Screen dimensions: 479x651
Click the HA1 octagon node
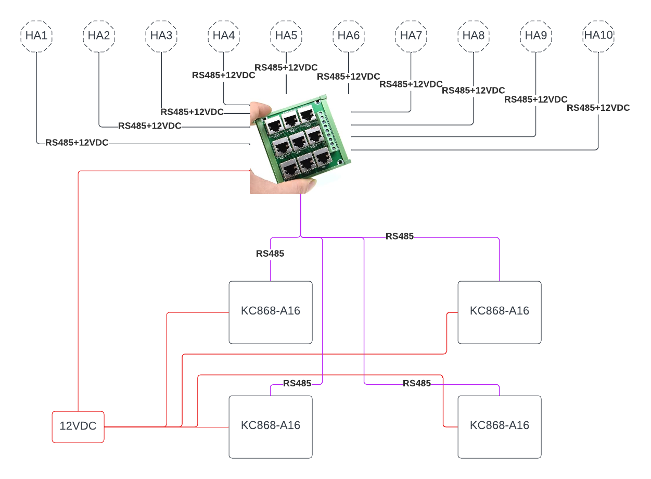click(x=36, y=36)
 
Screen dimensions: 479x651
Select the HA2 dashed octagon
click(x=99, y=36)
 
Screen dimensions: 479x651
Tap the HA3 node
click(x=161, y=36)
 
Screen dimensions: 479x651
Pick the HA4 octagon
click(x=224, y=36)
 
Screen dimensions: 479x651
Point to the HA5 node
click(x=286, y=36)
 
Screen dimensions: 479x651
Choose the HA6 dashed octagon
click(x=349, y=36)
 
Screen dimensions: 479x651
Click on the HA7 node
click(x=411, y=36)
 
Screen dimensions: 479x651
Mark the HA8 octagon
click(x=474, y=36)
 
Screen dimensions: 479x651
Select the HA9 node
click(x=536, y=36)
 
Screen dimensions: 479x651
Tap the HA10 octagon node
click(x=598, y=36)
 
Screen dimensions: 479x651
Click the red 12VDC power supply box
click(x=78, y=426)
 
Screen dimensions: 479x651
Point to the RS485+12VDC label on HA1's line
click(x=77, y=143)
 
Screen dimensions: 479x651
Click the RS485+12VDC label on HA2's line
click(x=150, y=126)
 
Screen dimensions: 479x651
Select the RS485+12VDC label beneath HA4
click(x=224, y=75)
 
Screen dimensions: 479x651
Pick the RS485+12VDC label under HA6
click(x=349, y=77)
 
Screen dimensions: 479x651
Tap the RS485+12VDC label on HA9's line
click(x=536, y=99)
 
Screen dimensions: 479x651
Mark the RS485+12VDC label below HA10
click(x=598, y=108)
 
